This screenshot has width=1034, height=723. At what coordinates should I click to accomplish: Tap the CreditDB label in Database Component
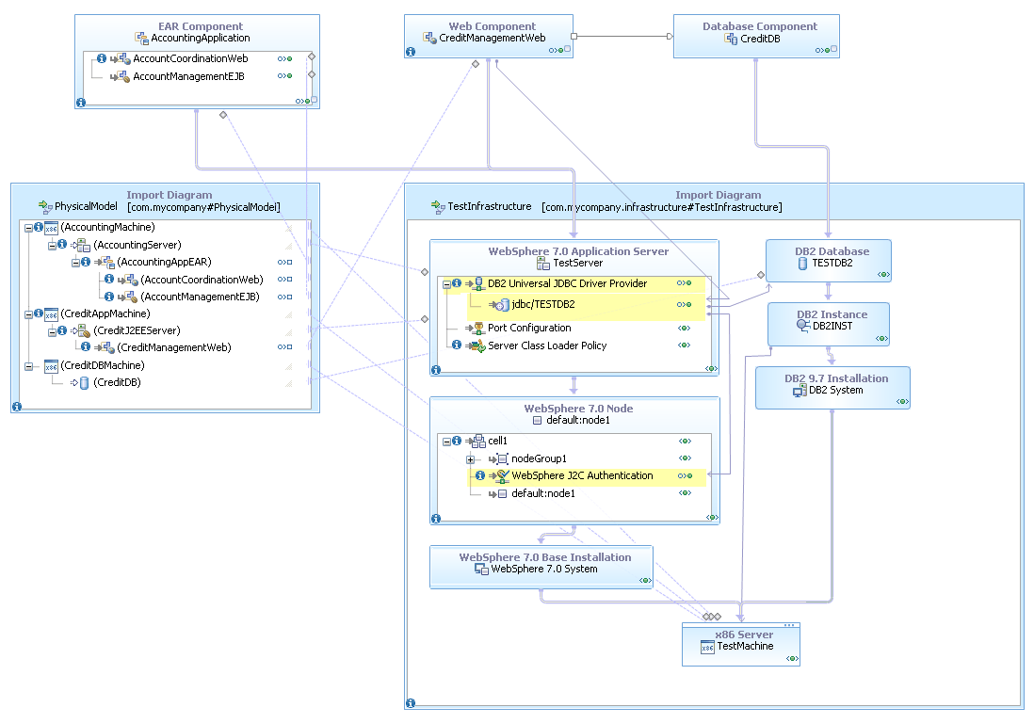(761, 39)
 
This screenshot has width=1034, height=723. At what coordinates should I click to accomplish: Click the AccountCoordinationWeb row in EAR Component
(190, 58)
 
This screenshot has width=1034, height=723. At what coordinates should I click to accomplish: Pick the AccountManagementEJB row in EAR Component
(188, 76)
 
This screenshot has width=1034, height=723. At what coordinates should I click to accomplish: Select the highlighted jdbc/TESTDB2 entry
(542, 304)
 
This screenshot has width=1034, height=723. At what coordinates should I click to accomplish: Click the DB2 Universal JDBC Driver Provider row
(567, 283)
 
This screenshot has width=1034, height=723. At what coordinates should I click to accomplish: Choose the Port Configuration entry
(528, 328)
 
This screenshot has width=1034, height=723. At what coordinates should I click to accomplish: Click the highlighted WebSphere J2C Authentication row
(582, 475)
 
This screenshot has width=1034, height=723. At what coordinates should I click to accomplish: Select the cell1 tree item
(497, 441)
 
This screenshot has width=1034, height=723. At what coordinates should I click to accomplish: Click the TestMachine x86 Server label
(745, 646)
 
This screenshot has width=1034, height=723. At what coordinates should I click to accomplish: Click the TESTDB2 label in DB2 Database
(832, 263)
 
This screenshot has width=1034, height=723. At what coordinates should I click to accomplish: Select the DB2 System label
(835, 390)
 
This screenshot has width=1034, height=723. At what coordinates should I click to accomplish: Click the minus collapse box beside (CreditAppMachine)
(28, 313)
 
